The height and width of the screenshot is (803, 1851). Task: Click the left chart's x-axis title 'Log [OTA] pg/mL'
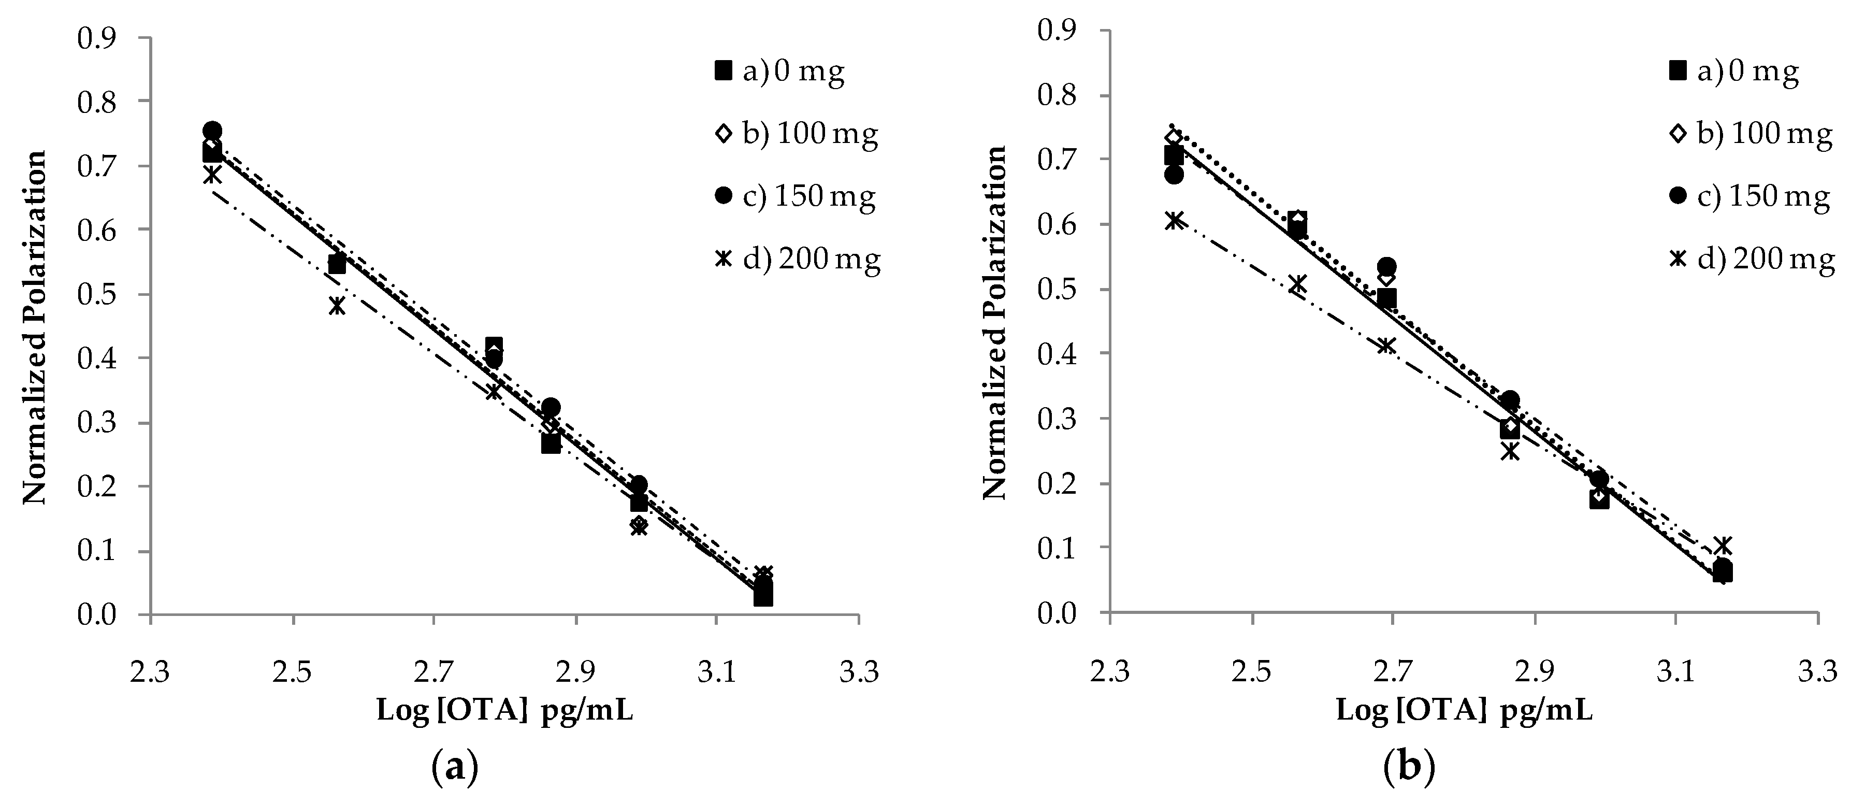[x=505, y=711]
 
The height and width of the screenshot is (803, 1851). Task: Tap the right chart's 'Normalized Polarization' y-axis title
[x=996, y=323]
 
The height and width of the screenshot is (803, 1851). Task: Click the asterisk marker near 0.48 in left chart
[x=337, y=306]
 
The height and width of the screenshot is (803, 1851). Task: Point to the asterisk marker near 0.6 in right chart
[x=1174, y=220]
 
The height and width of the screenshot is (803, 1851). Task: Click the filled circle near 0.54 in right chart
[x=1387, y=266]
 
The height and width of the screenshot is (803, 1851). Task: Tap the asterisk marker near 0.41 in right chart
[x=1386, y=346]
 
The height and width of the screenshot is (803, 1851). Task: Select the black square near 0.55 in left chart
[x=337, y=265]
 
